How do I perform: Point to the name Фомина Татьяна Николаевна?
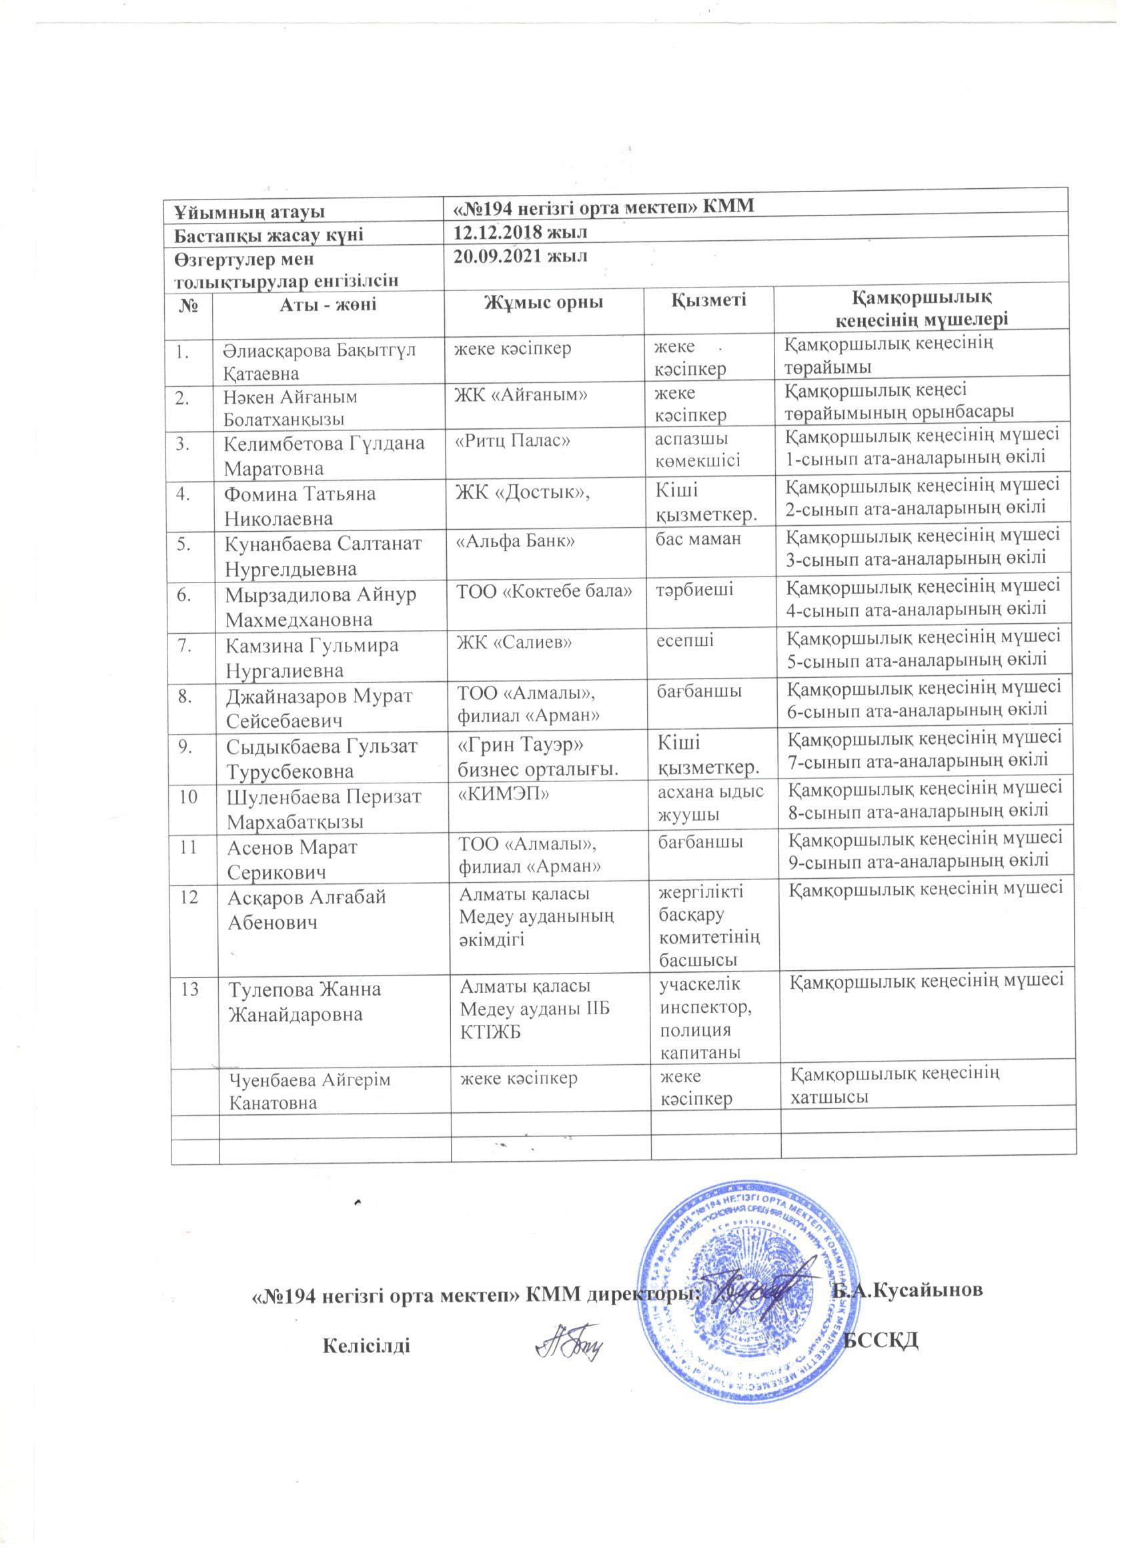click(x=301, y=506)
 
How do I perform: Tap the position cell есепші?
click(x=686, y=641)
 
